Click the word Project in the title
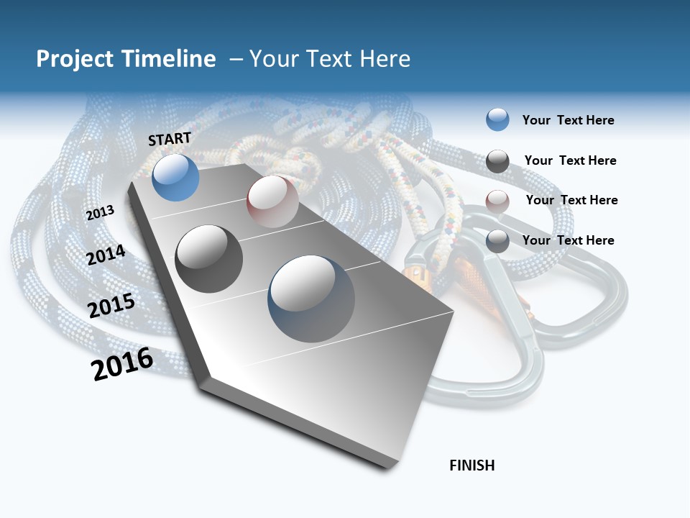point(75,59)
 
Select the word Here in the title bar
point(385,59)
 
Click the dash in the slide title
point(236,59)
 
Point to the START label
point(170,139)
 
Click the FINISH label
point(472,465)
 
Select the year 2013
point(100,212)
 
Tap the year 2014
point(106,255)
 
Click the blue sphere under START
point(176,178)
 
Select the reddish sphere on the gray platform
point(272,201)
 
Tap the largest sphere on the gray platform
point(311,299)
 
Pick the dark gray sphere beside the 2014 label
point(209,259)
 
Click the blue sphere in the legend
point(497,119)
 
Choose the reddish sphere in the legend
point(497,201)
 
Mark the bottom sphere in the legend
point(497,241)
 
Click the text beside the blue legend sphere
point(568,120)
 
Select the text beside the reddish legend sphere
point(571,200)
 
